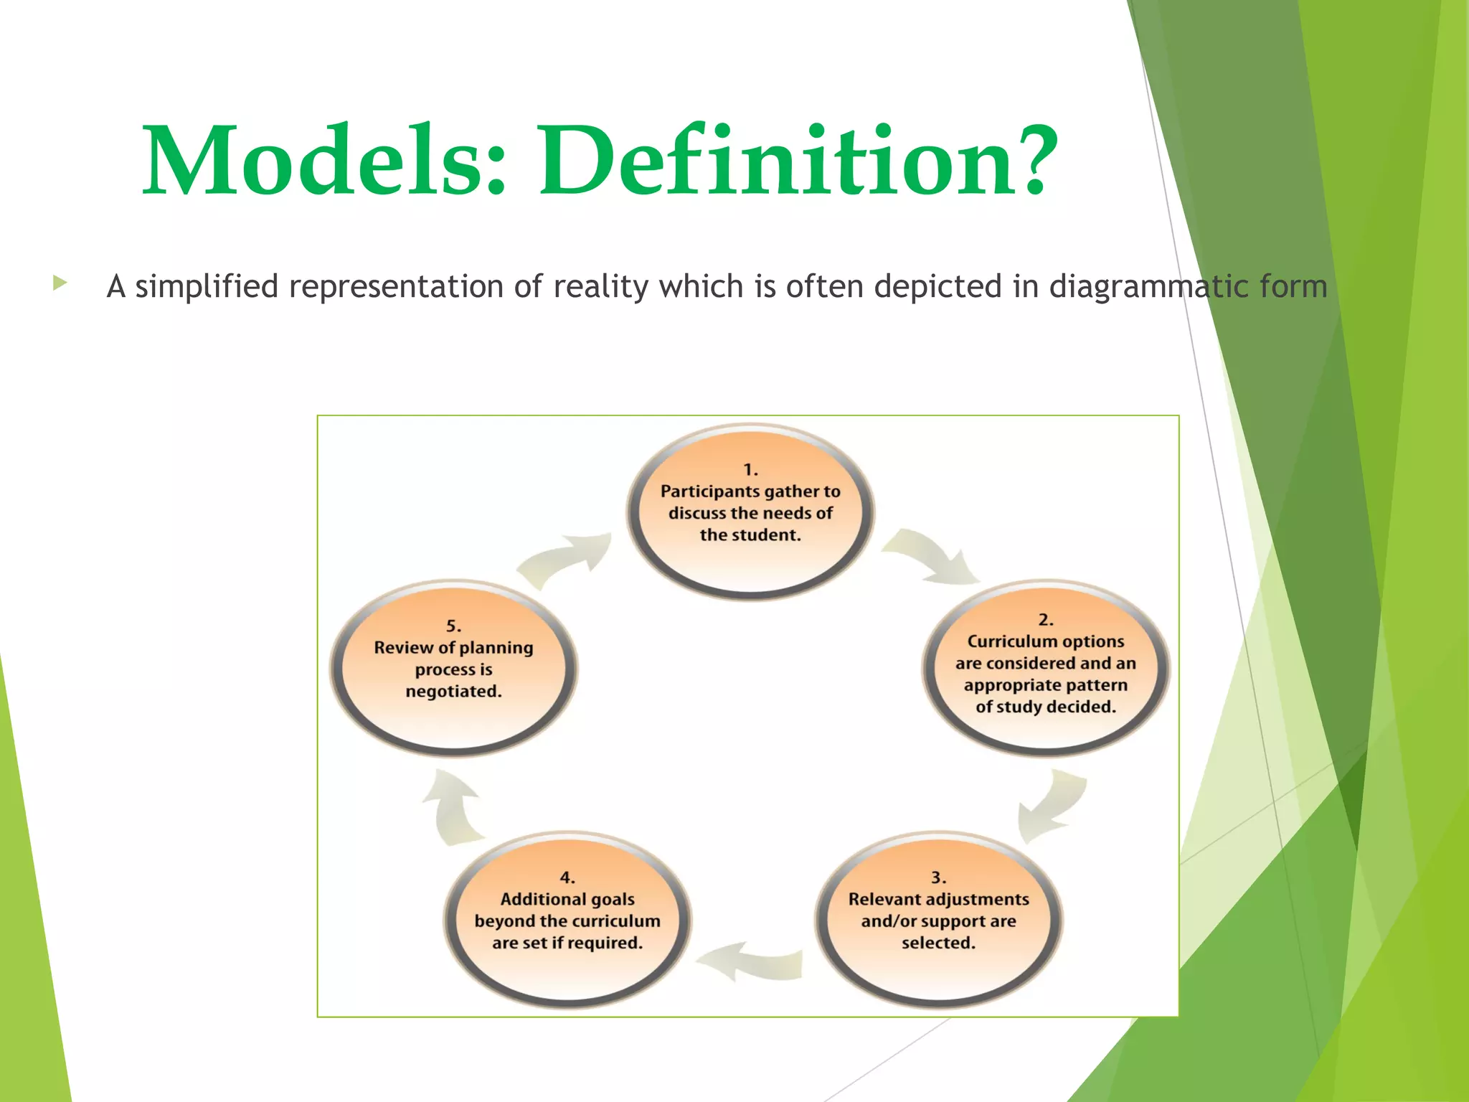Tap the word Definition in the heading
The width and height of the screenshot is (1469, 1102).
click(778, 161)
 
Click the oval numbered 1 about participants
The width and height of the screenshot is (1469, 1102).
click(750, 511)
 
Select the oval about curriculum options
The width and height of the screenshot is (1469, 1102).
click(1045, 667)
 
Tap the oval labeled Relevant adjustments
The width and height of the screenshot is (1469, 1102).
click(938, 920)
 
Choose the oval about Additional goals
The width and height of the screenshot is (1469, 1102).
click(567, 920)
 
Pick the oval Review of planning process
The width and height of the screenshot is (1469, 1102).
click(453, 667)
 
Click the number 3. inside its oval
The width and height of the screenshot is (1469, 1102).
click(938, 877)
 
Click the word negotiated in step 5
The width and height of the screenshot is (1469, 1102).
click(453, 692)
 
